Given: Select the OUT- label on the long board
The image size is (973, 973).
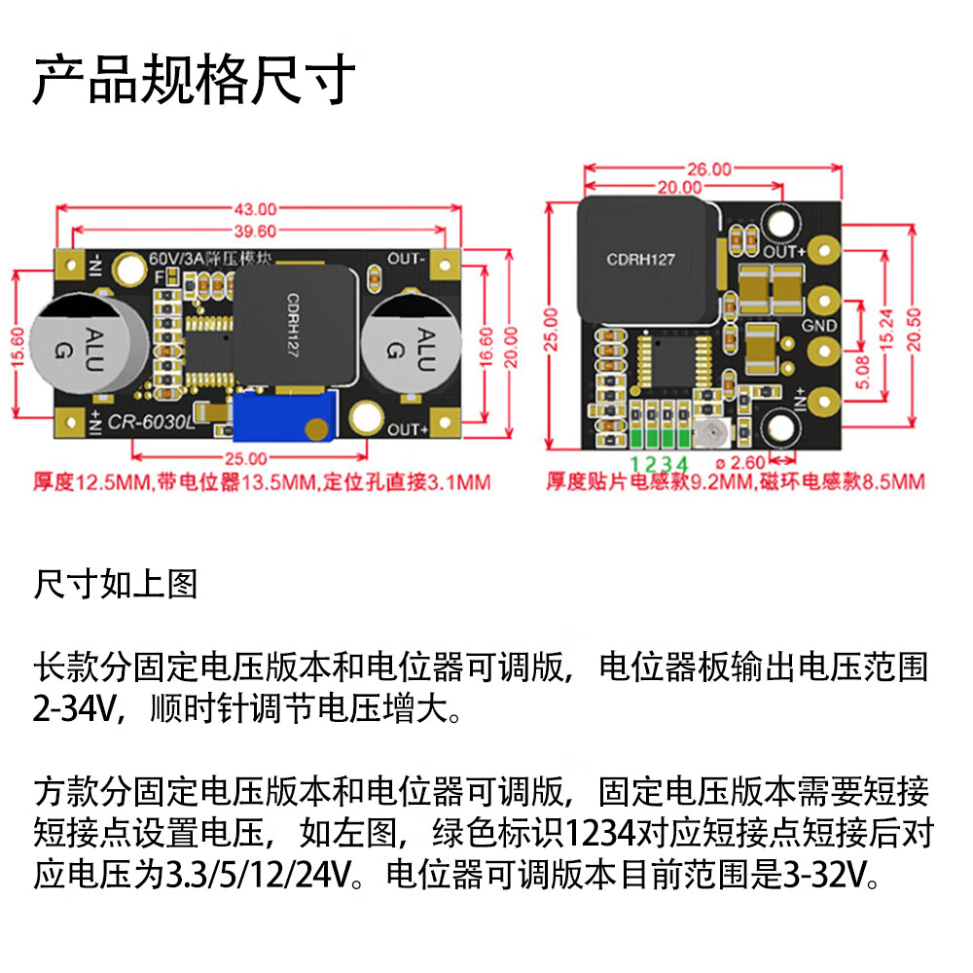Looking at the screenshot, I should click(x=407, y=259).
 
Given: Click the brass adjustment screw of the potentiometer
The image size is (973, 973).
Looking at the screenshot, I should click(x=315, y=427).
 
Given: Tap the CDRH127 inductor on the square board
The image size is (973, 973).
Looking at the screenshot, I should click(x=640, y=260).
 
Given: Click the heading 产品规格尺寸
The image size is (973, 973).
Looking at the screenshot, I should click(x=194, y=80).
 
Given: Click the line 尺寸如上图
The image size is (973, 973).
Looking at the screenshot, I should click(x=116, y=584).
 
